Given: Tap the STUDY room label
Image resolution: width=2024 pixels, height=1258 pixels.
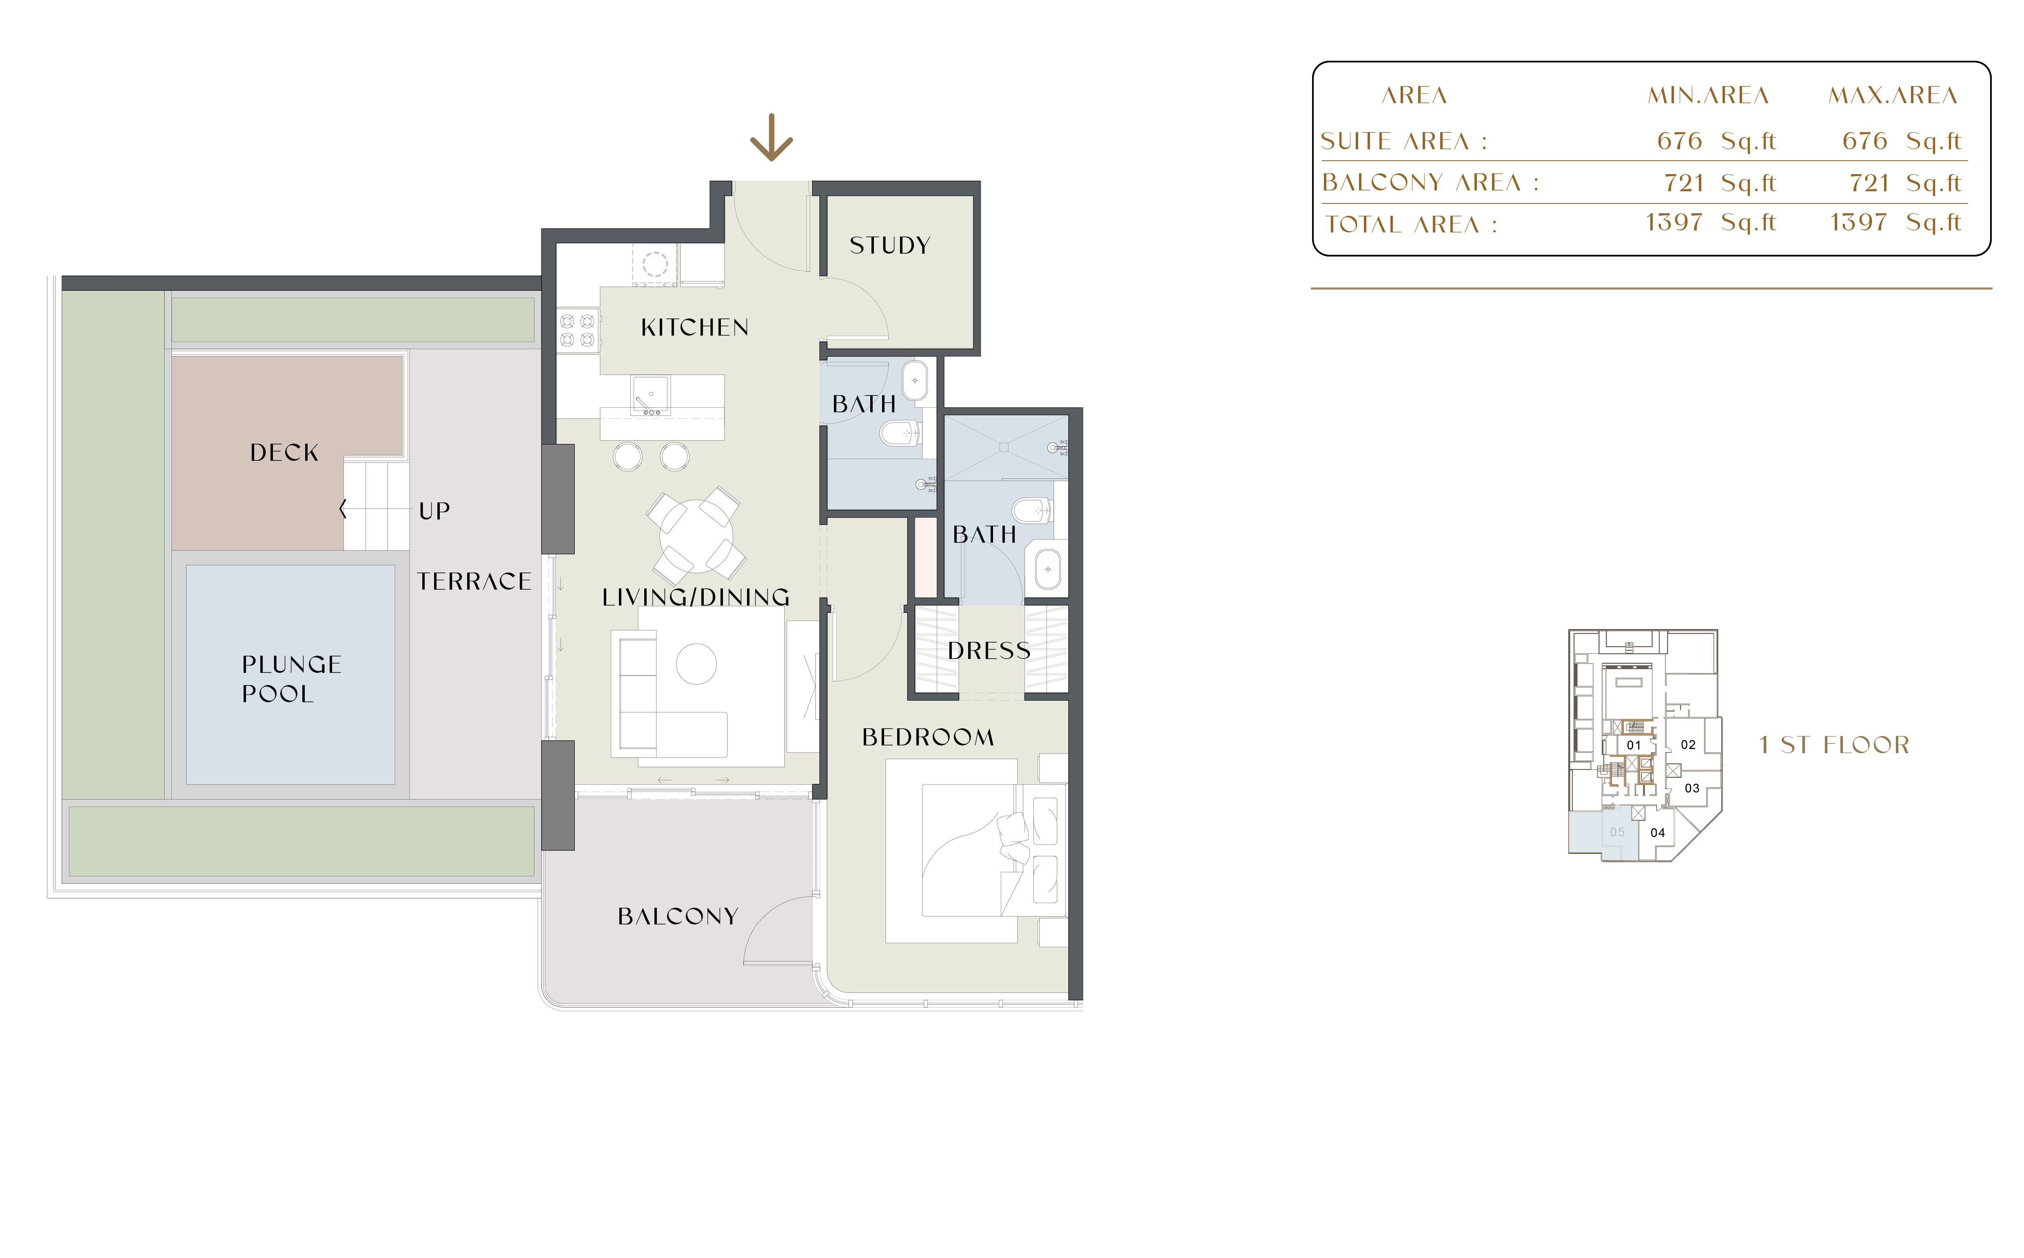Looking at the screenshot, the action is pyautogui.click(x=890, y=245).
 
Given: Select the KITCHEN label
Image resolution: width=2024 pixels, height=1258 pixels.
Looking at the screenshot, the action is pyautogui.click(x=695, y=328).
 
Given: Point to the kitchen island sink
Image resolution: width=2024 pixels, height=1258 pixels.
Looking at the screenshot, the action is pyautogui.click(x=650, y=395).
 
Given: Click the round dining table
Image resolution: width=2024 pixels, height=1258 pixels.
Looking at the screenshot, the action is pyautogui.click(x=696, y=535).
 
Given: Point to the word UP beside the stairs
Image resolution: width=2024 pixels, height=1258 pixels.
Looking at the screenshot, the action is pyautogui.click(x=435, y=511).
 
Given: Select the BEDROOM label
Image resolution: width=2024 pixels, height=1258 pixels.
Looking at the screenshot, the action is pyautogui.click(x=928, y=737).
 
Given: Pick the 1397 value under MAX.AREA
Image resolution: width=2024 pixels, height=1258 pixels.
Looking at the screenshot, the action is pyautogui.click(x=1858, y=222).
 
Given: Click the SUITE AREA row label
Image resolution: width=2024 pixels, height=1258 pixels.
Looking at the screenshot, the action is pyautogui.click(x=1403, y=141).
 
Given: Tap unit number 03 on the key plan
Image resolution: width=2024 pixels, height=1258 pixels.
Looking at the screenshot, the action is pyautogui.click(x=1692, y=788).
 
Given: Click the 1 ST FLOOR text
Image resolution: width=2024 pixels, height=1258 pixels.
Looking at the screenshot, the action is pyautogui.click(x=1834, y=745).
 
